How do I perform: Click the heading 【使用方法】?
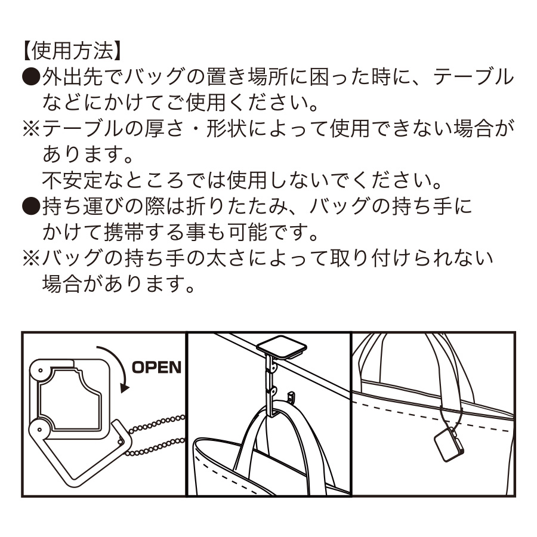[x=72, y=51]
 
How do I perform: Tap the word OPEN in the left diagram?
[x=156, y=366]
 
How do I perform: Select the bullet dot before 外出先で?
[x=30, y=77]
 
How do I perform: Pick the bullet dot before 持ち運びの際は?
[x=30, y=206]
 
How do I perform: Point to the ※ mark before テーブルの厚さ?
[x=30, y=129]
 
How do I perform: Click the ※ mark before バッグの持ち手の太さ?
[x=30, y=258]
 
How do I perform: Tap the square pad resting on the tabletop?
[x=280, y=347]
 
